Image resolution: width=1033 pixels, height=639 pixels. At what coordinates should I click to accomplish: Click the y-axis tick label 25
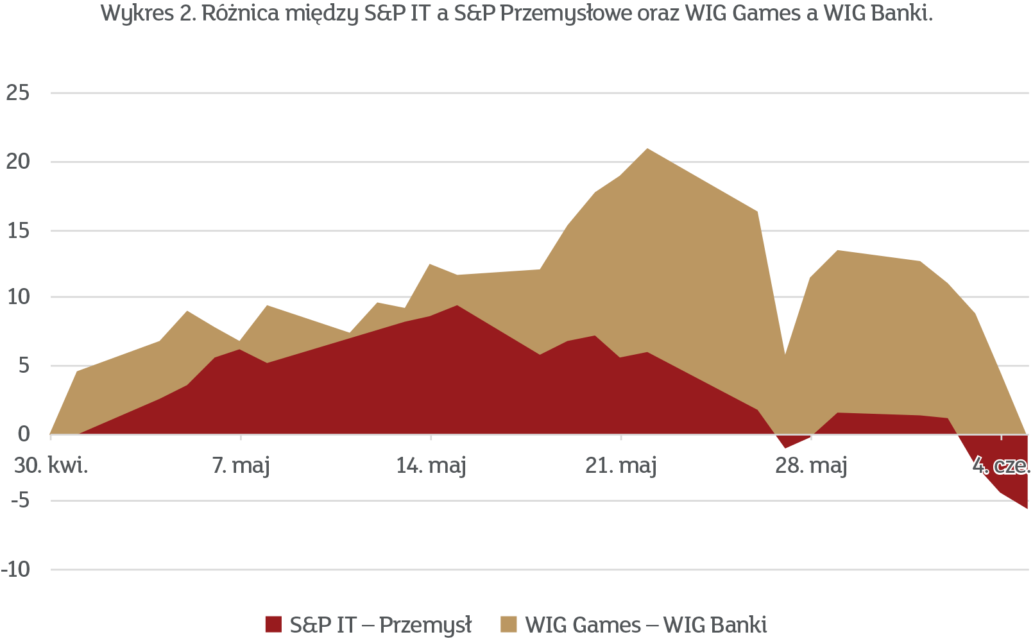pyautogui.click(x=17, y=94)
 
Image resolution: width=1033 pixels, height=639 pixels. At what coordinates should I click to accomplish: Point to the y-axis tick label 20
pyautogui.click(x=17, y=162)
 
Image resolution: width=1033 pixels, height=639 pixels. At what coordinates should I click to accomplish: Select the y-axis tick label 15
pyautogui.click(x=17, y=230)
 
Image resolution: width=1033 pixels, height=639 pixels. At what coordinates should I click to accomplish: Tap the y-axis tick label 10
pyautogui.click(x=17, y=297)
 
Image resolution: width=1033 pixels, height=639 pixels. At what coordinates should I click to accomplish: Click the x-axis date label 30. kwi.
pyautogui.click(x=51, y=466)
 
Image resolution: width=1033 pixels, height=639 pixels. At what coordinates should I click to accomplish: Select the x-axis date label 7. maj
pyautogui.click(x=241, y=466)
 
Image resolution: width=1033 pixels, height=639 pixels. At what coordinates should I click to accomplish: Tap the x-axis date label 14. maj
pyautogui.click(x=431, y=466)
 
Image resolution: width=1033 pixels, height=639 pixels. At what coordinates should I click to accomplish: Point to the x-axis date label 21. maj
pyautogui.click(x=621, y=466)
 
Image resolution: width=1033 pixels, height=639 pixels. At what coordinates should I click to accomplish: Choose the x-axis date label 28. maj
pyautogui.click(x=811, y=466)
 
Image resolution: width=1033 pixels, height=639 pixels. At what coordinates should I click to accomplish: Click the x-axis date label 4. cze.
pyautogui.click(x=1001, y=466)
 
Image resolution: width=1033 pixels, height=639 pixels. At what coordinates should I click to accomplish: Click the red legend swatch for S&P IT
pyautogui.click(x=273, y=624)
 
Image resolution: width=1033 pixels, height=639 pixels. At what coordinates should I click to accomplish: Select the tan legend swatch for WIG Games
pyautogui.click(x=509, y=624)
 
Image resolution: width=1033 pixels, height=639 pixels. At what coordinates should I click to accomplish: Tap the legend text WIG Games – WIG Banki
pyautogui.click(x=645, y=624)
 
